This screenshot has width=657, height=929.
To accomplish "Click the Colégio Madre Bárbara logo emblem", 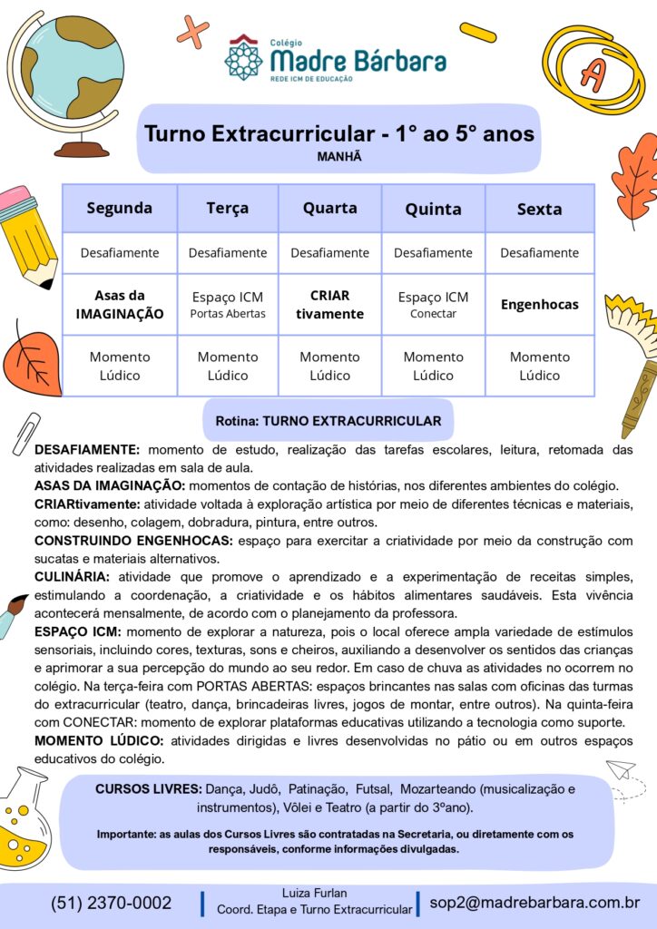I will tap(243, 58).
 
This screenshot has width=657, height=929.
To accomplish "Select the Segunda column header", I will tap(120, 208).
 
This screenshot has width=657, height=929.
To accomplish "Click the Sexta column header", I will tap(539, 209).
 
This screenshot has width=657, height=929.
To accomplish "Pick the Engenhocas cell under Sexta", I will tap(539, 305).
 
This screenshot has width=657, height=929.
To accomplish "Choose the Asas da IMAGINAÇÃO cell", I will tap(120, 305).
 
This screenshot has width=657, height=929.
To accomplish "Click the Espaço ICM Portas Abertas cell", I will tap(227, 305).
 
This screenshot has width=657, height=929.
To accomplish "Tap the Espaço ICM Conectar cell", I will tap(433, 305).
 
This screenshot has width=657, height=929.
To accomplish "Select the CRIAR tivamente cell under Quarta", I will tap(329, 305).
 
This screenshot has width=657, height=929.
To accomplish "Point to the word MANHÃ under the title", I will tap(339, 156).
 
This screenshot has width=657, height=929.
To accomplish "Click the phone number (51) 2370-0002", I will tap(111, 903).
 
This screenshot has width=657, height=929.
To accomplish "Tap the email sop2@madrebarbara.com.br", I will tap(534, 903).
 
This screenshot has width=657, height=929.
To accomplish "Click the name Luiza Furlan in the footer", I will tap(314, 893).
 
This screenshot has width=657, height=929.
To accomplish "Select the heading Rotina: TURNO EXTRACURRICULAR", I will tap(328, 421).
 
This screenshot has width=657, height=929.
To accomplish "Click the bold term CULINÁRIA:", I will tap(72, 577).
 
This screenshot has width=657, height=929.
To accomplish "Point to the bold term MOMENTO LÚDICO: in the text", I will tap(99, 741).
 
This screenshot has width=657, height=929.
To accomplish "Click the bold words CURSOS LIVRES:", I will tap(149, 789).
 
